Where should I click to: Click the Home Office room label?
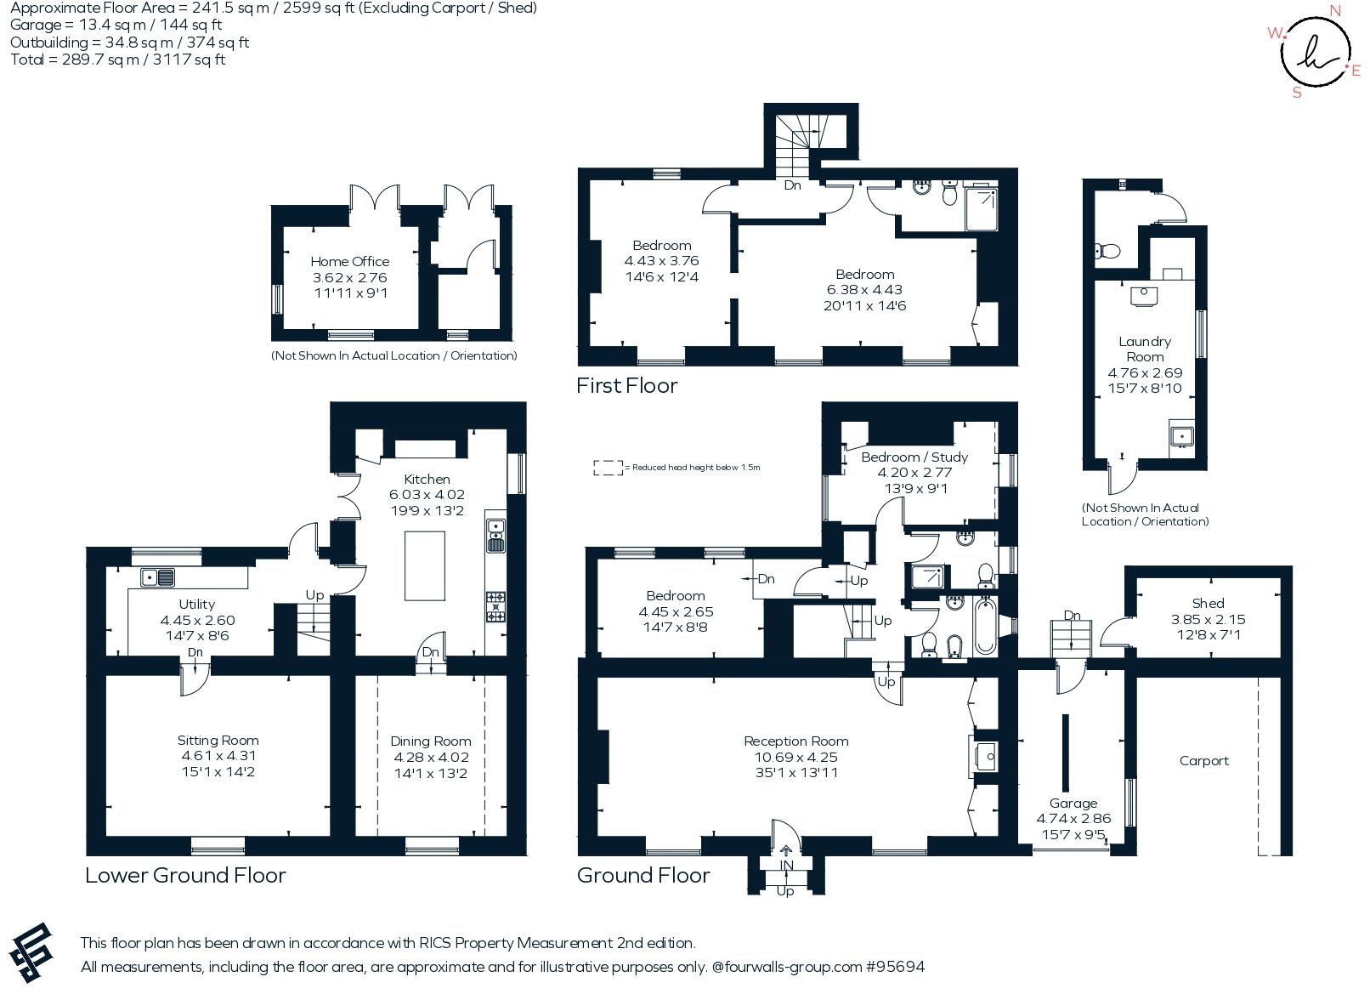[349, 262]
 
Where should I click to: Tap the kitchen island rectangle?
[425, 565]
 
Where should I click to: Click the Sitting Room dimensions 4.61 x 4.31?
[218, 756]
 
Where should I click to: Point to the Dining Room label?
[430, 741]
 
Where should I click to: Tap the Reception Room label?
[795, 741]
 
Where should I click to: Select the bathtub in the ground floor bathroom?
[986, 627]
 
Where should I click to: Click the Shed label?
[1207, 604]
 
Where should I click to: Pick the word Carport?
[1203, 761]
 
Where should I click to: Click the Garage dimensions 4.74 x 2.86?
[1073, 819]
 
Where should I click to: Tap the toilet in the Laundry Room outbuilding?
[1107, 251]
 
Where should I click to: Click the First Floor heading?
[626, 386]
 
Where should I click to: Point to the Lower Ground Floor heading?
[185, 876]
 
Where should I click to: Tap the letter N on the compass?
[1334, 11]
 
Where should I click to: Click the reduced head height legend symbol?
[607, 468]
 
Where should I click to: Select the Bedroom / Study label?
[914, 457]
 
